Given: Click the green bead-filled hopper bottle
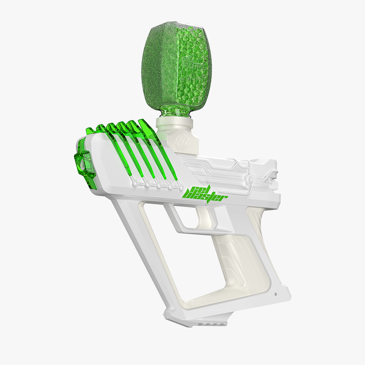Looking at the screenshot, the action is point(176,70).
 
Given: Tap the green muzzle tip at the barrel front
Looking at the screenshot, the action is point(84,169).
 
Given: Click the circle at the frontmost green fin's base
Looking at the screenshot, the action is point(135,184).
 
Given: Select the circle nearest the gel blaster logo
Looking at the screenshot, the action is point(181,187).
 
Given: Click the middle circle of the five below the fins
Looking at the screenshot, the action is point(159,185).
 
